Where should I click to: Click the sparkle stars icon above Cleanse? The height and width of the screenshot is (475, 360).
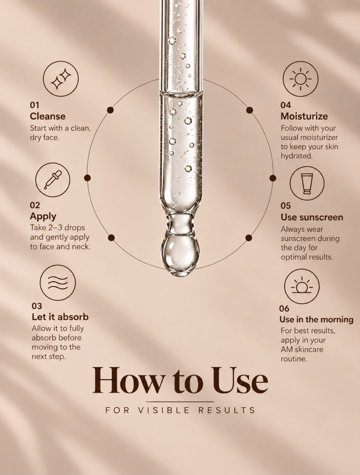61,79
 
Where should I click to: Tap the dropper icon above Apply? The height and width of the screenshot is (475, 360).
53,180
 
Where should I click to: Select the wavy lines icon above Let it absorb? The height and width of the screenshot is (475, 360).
58,283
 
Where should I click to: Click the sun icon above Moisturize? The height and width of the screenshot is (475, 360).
300,79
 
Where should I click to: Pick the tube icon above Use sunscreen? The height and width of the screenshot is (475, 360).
307,183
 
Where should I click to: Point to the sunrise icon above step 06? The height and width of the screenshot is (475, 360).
302,286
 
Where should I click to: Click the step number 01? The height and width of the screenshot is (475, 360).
35,105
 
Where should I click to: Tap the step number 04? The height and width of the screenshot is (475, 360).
286,105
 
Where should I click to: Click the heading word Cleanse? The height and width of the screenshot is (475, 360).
47,117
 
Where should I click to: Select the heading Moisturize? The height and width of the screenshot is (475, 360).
304,117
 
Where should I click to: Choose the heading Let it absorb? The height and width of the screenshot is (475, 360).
60,317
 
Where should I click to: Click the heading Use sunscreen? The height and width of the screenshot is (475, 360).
312,217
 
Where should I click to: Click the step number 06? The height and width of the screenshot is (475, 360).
284,309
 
